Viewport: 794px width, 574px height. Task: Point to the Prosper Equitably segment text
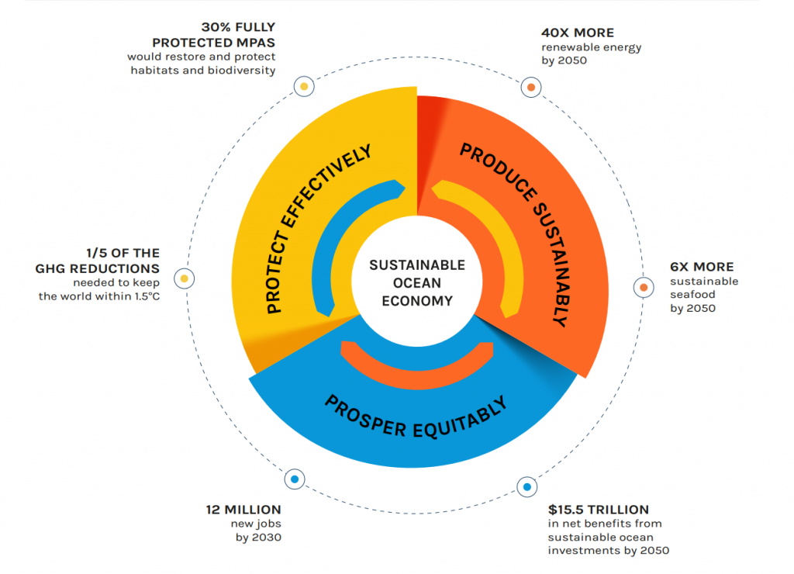(x=416, y=416)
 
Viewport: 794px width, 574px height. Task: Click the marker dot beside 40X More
(x=531, y=88)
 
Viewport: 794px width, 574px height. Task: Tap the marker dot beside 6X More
(x=643, y=288)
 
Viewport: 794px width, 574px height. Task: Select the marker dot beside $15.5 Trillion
(x=527, y=487)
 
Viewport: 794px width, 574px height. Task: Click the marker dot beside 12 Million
(x=294, y=479)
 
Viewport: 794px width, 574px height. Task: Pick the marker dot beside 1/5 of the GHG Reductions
(x=185, y=278)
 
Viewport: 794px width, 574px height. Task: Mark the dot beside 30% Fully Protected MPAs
(x=305, y=86)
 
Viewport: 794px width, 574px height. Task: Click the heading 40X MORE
(x=577, y=33)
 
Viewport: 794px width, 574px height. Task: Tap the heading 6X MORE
(x=702, y=267)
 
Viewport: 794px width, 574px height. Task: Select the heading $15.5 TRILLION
(x=598, y=510)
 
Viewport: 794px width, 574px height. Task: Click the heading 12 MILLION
(x=243, y=510)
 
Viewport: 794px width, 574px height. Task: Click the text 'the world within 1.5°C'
(x=98, y=296)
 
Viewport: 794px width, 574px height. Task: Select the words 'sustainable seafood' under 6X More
(x=704, y=288)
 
